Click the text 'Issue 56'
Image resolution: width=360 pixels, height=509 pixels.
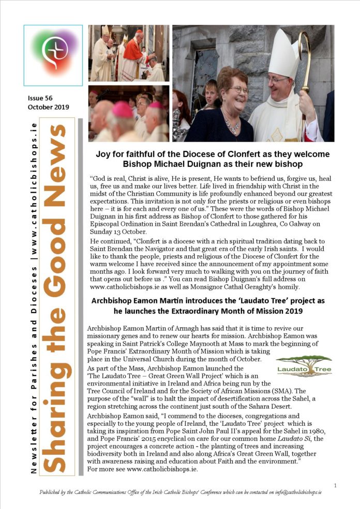coord(40,98)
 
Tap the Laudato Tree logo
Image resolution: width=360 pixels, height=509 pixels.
coord(304,365)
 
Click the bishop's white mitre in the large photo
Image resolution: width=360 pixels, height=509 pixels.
coord(281,51)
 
